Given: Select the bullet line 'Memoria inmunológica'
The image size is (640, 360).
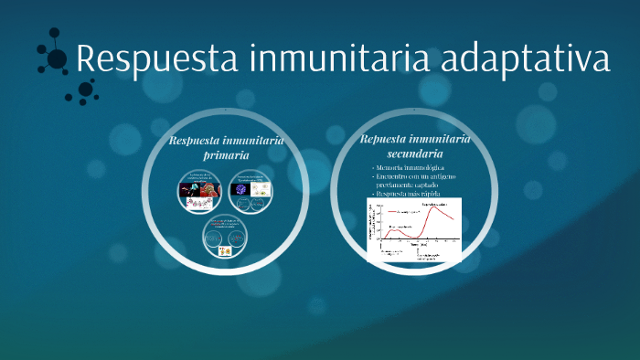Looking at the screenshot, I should pyautogui.click(x=410, y=169).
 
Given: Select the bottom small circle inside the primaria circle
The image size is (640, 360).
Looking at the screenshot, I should pyautogui.click(x=226, y=238).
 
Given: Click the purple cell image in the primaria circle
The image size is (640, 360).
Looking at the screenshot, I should pyautogui.click(x=241, y=190).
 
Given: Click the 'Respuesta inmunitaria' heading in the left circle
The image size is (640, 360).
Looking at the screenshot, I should pyautogui.click(x=226, y=140).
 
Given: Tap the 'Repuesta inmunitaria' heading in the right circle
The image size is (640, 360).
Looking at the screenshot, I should pyautogui.click(x=415, y=139).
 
